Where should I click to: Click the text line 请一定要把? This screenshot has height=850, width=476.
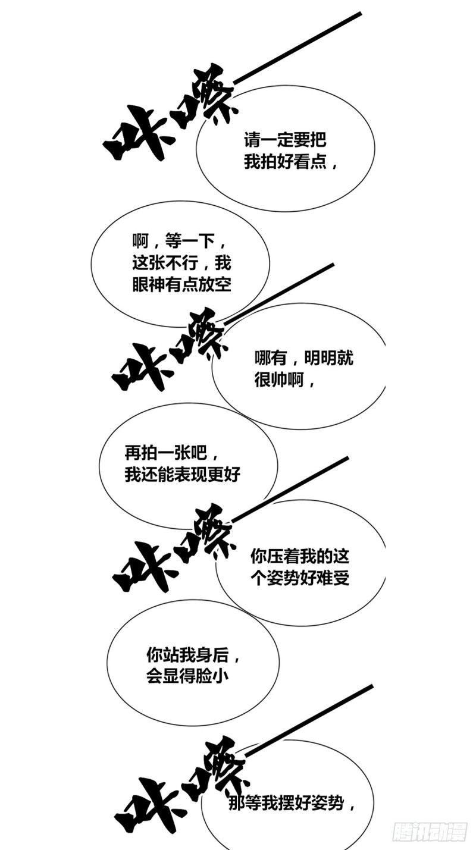tap(285, 140)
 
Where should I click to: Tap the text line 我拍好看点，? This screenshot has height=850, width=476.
tap(291, 162)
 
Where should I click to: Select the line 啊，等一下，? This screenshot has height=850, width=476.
tap(180, 241)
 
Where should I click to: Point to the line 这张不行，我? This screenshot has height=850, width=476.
tap(182, 262)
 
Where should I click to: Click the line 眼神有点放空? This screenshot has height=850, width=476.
tap(182, 284)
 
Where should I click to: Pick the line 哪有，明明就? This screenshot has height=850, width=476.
tap(304, 357)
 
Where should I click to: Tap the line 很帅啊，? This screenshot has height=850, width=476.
tap(285, 379)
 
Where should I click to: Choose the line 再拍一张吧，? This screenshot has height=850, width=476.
tap(173, 452)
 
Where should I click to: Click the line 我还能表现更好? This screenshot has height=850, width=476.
tap(183, 474)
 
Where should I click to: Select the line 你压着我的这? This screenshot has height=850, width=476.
tap(299, 556)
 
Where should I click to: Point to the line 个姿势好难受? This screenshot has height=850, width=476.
tap(299, 578)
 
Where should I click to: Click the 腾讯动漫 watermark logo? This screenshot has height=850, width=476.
tap(430, 832)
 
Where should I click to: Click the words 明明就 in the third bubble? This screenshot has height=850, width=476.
tap(328, 357)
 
